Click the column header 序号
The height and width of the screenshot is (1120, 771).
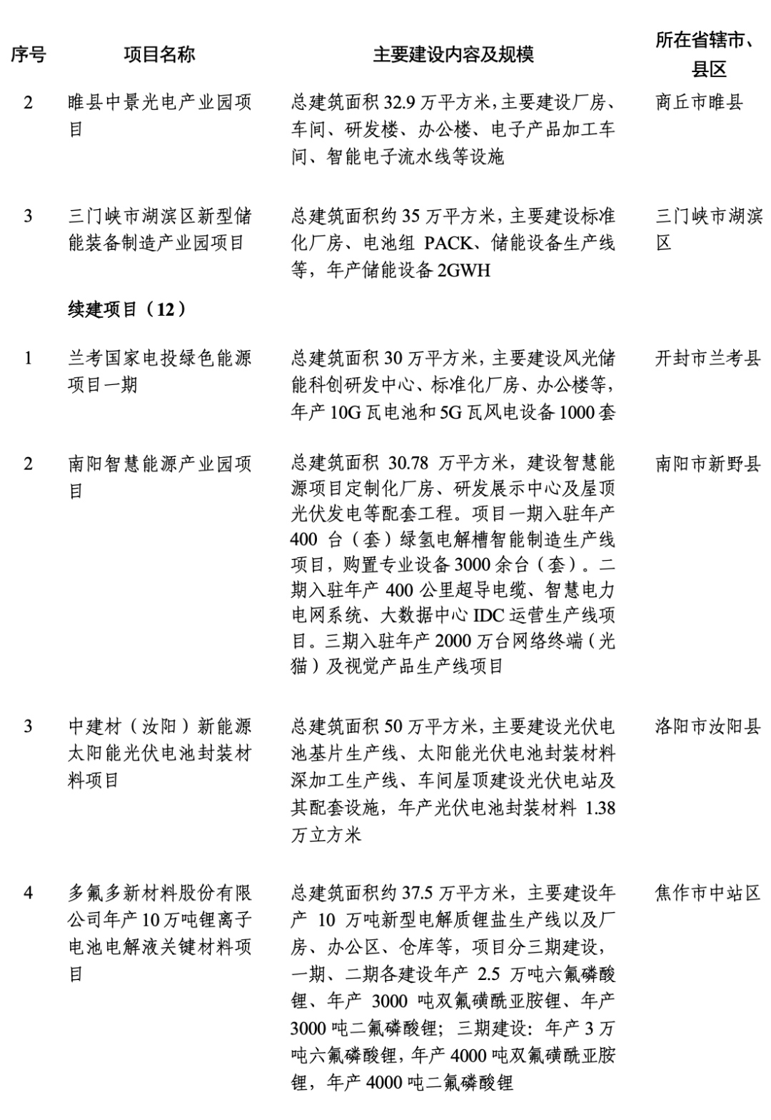tap(29, 55)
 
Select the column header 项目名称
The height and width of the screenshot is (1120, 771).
tap(159, 55)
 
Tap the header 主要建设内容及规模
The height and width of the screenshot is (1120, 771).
tap(453, 55)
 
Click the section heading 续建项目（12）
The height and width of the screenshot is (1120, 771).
tap(128, 309)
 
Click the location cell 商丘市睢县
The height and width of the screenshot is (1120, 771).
tap(699, 102)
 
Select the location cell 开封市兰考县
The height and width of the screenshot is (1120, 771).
tap(707, 358)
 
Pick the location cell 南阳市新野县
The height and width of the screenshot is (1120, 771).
tap(707, 464)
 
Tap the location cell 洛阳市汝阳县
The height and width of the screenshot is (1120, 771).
tap(707, 726)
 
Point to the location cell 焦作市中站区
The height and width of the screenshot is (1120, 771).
tap(707, 893)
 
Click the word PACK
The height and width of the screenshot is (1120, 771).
tap(448, 244)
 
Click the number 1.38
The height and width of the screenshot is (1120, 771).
tap(600, 808)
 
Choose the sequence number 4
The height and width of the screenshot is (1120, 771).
tap(29, 893)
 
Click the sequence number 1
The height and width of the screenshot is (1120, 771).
tap(29, 358)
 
